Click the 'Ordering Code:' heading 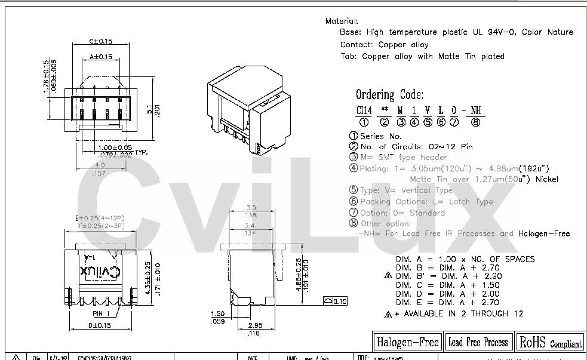390,94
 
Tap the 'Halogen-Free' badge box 408,341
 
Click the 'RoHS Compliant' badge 550,342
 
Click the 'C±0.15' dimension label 101,41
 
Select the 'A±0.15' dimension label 101,57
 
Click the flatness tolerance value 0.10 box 339,300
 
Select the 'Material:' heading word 342,21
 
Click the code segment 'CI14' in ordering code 364,110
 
